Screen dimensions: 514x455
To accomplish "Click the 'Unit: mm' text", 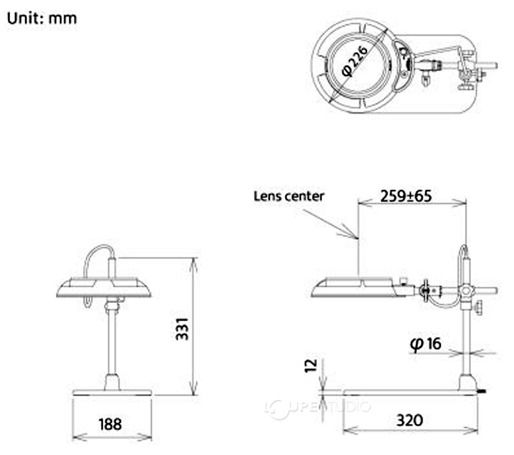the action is [x=42, y=18].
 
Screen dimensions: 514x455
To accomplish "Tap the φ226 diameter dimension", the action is [x=354, y=61].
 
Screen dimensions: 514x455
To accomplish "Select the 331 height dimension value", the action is [x=182, y=329].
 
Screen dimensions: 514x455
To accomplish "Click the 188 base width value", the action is [x=110, y=424].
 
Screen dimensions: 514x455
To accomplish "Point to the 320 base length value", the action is [x=409, y=420].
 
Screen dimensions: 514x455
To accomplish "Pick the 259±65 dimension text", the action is [x=406, y=196].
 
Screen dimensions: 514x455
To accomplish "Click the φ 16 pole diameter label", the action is [x=426, y=344].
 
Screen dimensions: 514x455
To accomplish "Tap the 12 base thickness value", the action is [x=311, y=366].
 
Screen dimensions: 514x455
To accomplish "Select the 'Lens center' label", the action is [x=289, y=196].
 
